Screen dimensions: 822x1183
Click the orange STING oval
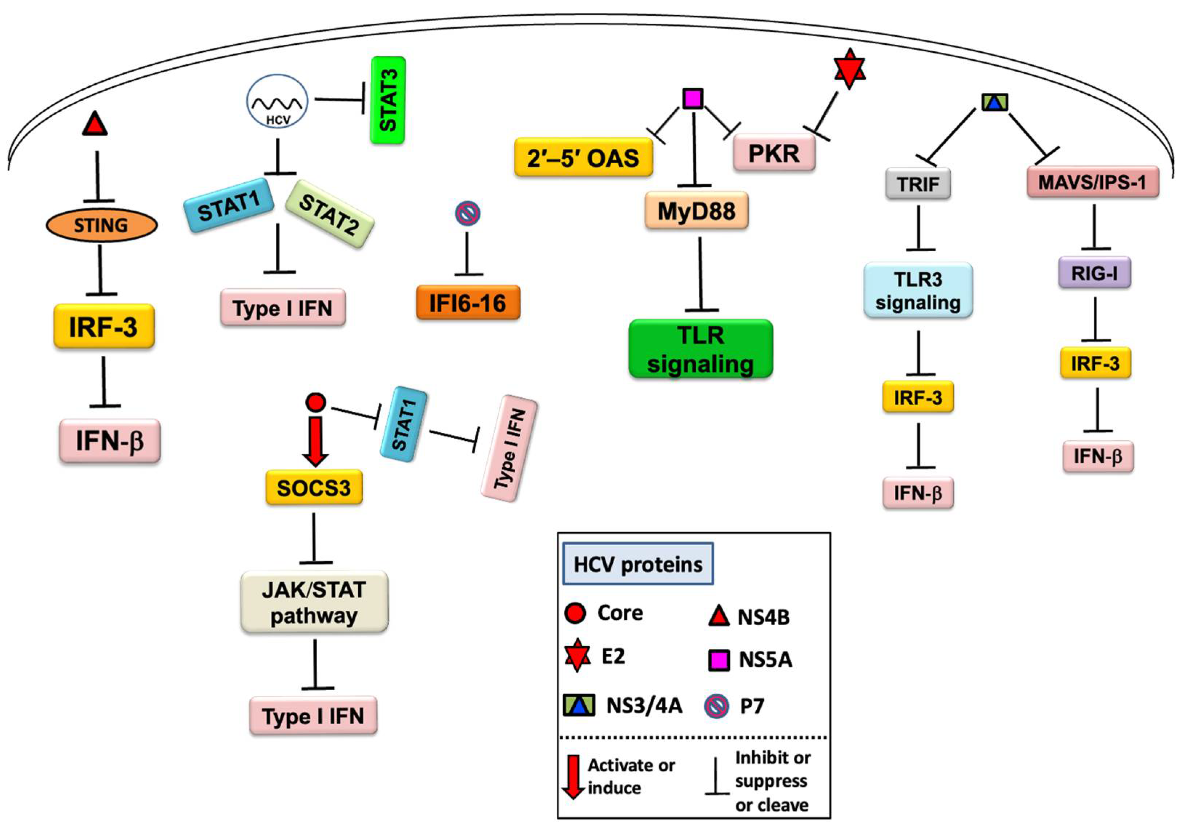[101, 226]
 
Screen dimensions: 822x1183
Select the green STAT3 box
[388, 100]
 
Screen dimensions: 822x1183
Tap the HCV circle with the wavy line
[277, 101]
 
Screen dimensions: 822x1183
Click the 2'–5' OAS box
[583, 157]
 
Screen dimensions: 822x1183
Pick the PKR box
[773, 153]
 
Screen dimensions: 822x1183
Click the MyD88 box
[696, 211]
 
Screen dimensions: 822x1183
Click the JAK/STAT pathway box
[314, 602]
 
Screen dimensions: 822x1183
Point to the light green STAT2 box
[329, 214]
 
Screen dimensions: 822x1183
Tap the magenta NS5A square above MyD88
[693, 98]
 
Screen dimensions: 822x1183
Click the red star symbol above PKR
[849, 69]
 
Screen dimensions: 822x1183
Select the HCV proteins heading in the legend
[637, 564]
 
